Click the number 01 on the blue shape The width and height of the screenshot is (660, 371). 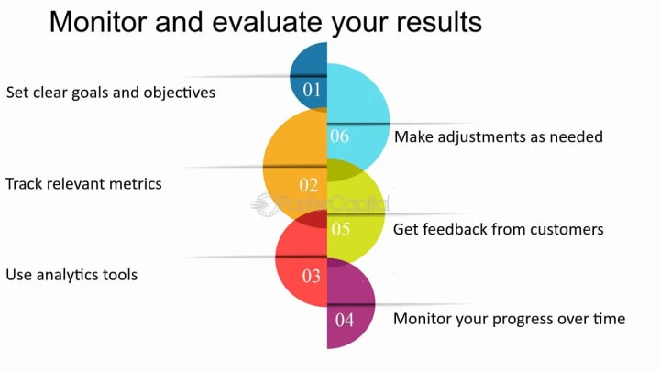(312, 90)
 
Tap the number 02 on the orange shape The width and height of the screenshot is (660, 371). (309, 185)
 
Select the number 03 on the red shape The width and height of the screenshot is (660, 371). (312, 276)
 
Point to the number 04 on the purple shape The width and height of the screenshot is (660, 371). (345, 320)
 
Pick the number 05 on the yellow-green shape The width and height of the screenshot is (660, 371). (341, 229)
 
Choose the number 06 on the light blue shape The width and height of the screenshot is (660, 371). (340, 136)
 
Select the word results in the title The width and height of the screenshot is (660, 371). (439, 22)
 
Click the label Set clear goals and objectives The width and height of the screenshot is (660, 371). (111, 93)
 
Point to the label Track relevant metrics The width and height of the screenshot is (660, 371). (83, 184)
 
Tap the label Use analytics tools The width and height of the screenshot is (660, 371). (71, 275)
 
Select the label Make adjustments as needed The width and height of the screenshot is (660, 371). (499, 136)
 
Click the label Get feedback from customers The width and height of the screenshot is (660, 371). (499, 229)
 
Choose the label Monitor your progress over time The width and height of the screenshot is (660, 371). (510, 319)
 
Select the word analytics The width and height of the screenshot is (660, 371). (68, 275)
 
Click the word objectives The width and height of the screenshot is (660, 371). (180, 93)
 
